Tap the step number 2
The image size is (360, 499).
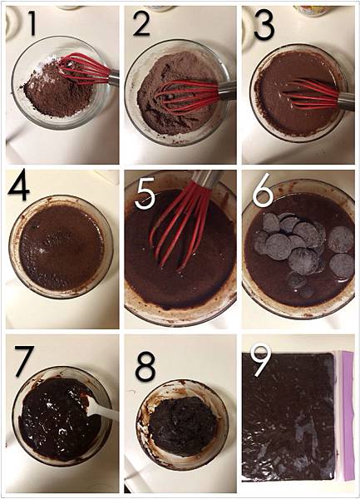click(x=142, y=23)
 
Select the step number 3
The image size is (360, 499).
click(x=264, y=23)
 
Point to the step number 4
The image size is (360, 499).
click(x=19, y=188)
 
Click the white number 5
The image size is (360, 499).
click(x=145, y=194)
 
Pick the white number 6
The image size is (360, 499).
click(x=264, y=194)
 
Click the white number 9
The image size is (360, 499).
click(x=261, y=359)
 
